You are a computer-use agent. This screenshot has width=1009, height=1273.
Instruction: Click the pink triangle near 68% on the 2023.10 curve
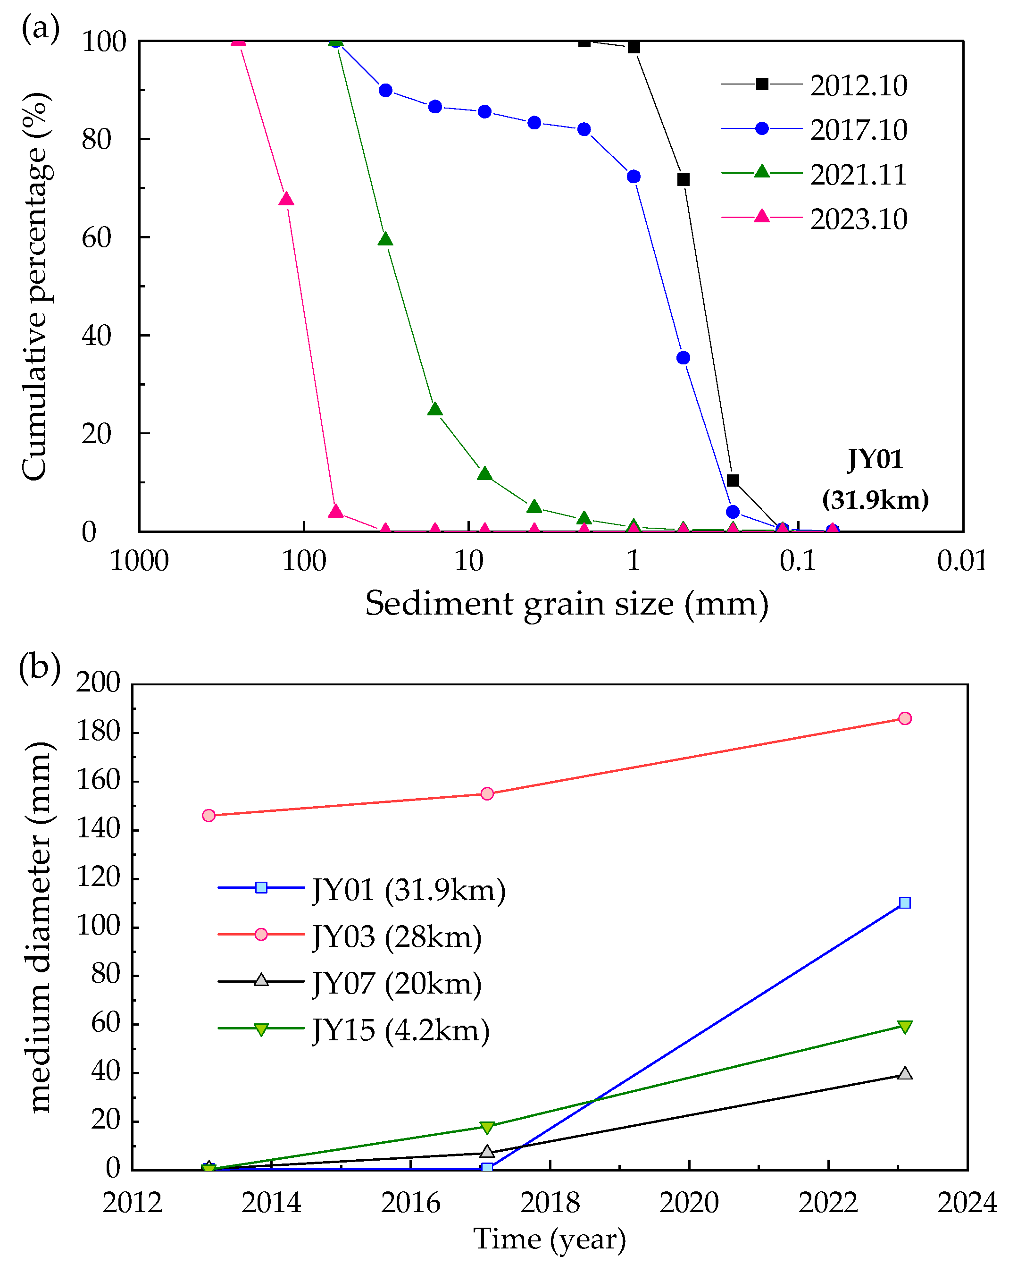point(286,199)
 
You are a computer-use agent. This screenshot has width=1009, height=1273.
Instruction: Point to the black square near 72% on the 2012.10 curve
point(684,179)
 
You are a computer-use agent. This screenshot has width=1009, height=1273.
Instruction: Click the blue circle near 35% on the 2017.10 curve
point(684,358)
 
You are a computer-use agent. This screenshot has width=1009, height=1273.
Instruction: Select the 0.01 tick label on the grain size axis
point(962,561)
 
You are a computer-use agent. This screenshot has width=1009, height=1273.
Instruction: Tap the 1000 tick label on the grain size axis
point(139,561)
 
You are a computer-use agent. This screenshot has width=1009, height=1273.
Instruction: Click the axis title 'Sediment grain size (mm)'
point(567,603)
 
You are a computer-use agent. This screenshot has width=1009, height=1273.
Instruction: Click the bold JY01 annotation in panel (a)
point(875,459)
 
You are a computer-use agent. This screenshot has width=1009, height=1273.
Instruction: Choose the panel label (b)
point(40,667)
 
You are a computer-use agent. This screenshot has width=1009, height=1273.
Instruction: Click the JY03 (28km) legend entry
point(397,936)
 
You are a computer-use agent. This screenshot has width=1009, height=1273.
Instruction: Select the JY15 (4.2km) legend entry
point(400,1030)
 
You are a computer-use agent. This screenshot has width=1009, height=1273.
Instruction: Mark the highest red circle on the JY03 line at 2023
point(905,718)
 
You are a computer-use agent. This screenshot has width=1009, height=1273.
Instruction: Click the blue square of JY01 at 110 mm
point(905,903)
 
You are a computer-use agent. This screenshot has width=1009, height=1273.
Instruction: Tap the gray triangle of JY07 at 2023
point(905,1073)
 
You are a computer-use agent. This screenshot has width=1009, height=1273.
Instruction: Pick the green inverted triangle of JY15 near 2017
point(487,1128)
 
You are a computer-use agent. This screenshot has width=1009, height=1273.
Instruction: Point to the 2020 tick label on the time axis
point(689,1203)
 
